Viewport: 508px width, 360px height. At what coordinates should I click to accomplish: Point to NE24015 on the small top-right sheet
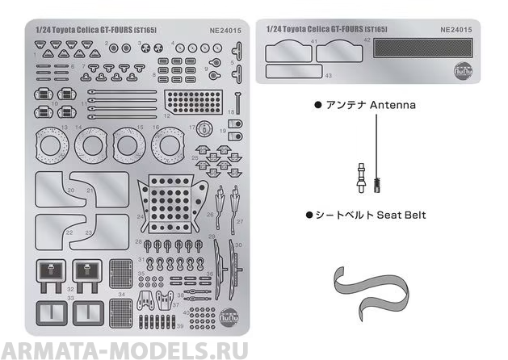[x=457, y=29]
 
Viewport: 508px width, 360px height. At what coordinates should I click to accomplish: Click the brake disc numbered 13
[x=53, y=146]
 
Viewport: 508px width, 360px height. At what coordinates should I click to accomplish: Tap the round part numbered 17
[x=204, y=131]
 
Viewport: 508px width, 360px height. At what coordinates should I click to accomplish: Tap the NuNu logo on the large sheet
[x=232, y=316]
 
